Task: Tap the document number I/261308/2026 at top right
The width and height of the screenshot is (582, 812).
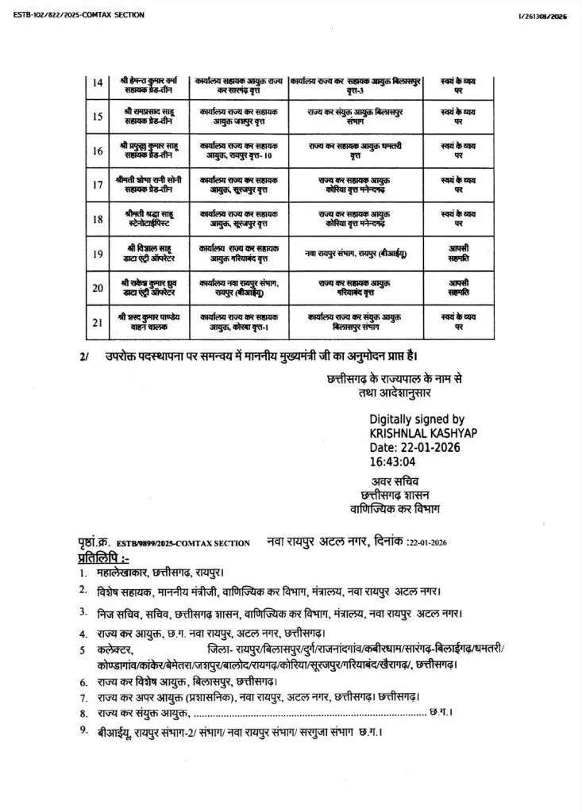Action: (543, 17)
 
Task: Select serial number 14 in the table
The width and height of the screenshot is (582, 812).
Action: (97, 84)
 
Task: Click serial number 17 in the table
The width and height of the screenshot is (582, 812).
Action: (97, 185)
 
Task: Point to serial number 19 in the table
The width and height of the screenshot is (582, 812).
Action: (97, 253)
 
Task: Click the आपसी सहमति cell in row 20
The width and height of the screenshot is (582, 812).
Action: (458, 286)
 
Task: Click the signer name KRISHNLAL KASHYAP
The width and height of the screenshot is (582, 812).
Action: (423, 433)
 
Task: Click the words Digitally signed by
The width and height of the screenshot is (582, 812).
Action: (417, 419)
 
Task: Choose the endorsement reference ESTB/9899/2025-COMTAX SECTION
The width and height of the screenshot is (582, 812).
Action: (183, 543)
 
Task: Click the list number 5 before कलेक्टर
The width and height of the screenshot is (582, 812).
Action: (82, 650)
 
